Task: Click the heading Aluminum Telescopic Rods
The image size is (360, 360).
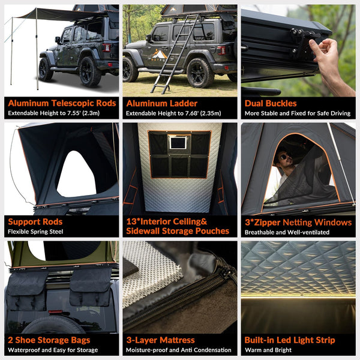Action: [62, 103]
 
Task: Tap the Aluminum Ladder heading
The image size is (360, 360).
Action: [161, 103]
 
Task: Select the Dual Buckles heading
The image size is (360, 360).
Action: [271, 103]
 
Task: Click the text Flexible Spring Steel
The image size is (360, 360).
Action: [35, 232]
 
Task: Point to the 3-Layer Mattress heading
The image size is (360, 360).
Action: [160, 340]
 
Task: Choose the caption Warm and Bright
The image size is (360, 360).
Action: [268, 350]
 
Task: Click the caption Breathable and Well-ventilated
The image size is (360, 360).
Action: [287, 232]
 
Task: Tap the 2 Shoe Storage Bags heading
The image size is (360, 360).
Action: [49, 340]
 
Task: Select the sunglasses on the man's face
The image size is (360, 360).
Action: [283, 157]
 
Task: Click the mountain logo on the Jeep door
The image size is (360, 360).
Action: [159, 54]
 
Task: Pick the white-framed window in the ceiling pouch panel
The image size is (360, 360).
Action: [178, 143]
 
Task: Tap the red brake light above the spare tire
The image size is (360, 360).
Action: [55, 311]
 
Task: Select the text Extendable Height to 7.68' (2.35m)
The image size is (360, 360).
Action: [173, 113]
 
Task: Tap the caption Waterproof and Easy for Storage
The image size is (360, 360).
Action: [53, 350]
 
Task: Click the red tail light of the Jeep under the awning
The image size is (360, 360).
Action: [106, 48]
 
